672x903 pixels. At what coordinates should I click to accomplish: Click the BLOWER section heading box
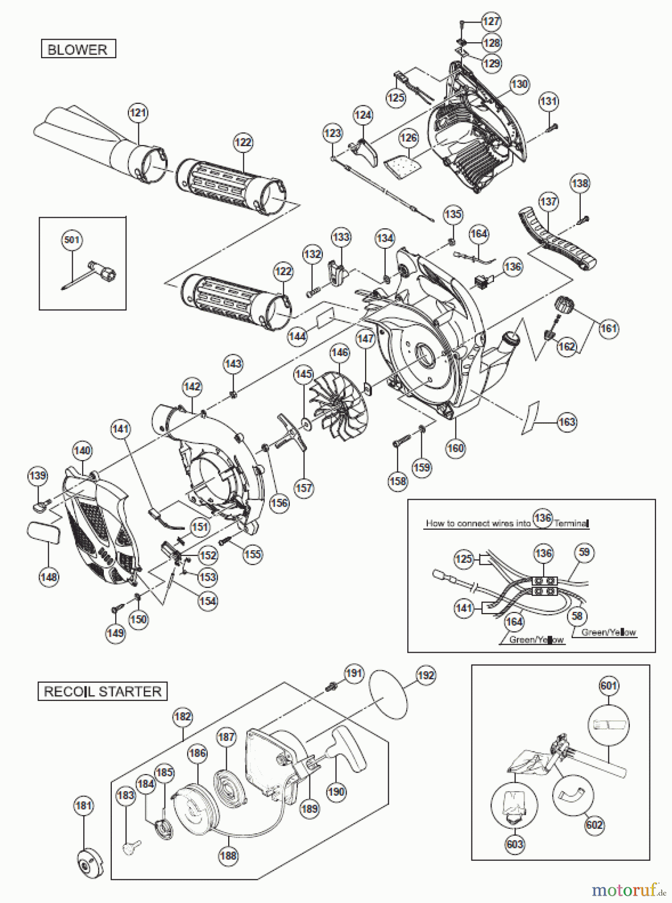point(78,50)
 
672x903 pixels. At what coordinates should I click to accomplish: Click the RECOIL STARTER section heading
point(102,691)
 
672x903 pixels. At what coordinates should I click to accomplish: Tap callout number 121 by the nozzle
point(138,112)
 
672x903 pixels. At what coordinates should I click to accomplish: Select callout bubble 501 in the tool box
point(72,240)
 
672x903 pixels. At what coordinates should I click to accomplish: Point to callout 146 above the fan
point(340,353)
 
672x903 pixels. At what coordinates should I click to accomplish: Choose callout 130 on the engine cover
point(520,84)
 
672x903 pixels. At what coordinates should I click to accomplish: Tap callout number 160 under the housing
point(455,447)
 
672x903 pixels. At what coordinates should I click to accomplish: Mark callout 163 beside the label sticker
point(567,422)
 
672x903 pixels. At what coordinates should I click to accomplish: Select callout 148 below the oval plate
point(49,577)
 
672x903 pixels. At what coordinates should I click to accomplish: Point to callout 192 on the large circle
point(426,675)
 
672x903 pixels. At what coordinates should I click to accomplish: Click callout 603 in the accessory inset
point(515,844)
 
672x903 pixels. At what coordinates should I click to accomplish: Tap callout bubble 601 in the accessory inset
point(608,685)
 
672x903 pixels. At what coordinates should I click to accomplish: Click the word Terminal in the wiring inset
point(571,523)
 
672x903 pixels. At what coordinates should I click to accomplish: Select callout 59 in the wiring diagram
point(584,553)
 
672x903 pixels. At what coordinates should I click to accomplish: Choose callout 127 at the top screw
point(491,21)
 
